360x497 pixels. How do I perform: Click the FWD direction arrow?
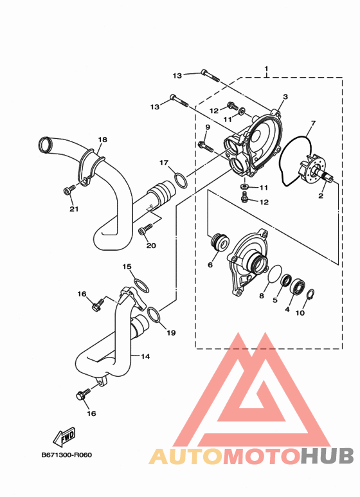[64, 437]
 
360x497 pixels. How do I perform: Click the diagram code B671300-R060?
[67, 455]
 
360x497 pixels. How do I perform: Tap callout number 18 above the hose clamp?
[102, 140]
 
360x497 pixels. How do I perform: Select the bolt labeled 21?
[69, 190]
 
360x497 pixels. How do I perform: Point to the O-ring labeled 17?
[181, 180]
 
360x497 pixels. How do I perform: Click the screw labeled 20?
[145, 230]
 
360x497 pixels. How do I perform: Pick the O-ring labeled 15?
[141, 285]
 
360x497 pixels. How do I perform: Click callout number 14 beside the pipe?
[145, 357]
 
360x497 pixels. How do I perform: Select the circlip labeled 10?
[310, 294]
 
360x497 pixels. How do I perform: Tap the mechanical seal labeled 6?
[220, 242]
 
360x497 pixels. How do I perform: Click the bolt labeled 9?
[206, 147]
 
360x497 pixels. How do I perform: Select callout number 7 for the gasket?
[313, 123]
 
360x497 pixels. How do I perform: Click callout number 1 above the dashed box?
[266, 68]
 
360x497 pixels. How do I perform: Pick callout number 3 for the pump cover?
[285, 96]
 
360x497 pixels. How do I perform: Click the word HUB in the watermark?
[327, 456]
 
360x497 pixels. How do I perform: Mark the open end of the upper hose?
[45, 144]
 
